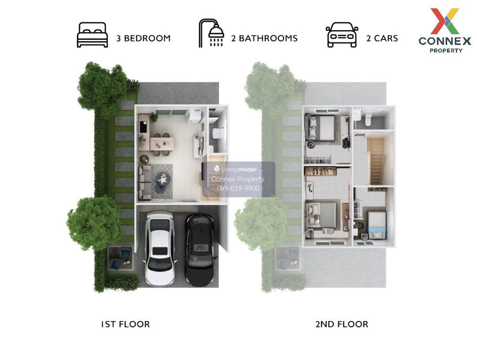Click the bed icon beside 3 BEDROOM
point(92,35)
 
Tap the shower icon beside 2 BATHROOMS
point(211,33)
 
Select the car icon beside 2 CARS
point(341,35)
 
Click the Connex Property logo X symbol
point(445,21)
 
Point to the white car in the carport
point(160,249)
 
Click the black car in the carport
point(200,249)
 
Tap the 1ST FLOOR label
point(125,324)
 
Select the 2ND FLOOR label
point(342,324)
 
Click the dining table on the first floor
point(162,144)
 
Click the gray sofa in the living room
point(145,182)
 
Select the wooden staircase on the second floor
point(376,161)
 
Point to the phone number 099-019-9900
point(238,188)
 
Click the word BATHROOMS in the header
point(268,38)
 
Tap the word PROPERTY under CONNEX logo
point(446,51)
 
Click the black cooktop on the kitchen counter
point(143,126)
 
